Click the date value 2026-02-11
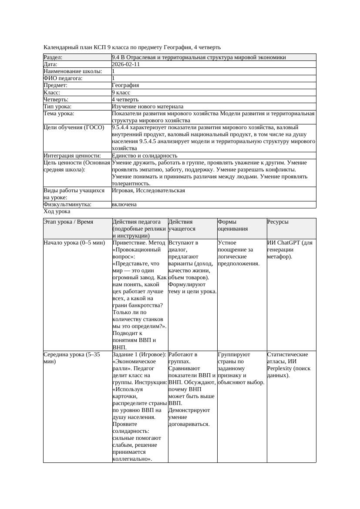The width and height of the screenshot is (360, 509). (126, 64)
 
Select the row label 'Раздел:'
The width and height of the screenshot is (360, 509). (53, 57)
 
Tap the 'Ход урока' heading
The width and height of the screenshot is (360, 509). (57, 211)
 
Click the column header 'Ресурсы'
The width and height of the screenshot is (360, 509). (278, 222)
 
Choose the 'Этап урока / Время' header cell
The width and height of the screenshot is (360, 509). (68, 222)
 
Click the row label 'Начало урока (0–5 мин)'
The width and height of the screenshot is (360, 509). (74, 243)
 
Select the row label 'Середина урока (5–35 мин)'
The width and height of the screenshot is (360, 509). (72, 358)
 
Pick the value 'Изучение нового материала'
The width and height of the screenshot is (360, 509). (148, 106)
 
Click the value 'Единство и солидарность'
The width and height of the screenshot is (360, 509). (145, 155)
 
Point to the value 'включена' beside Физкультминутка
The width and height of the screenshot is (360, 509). (124, 204)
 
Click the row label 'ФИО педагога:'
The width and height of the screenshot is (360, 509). (63, 78)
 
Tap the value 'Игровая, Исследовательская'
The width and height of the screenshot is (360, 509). (148, 191)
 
